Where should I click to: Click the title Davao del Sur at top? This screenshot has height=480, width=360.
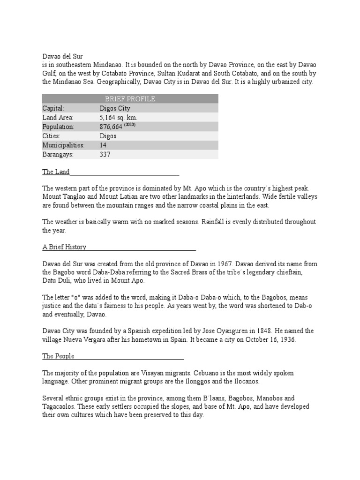click(x=62, y=56)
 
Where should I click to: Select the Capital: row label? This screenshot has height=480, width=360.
click(x=53, y=108)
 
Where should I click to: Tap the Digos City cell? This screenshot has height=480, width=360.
click(x=115, y=108)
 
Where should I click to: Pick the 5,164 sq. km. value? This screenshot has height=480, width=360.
click(x=119, y=117)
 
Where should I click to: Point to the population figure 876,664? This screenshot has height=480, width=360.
click(x=111, y=127)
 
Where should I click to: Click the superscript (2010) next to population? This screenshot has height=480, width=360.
click(x=130, y=125)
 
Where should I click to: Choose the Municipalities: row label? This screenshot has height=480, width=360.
click(x=63, y=145)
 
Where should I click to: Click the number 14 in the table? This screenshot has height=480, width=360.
click(x=103, y=145)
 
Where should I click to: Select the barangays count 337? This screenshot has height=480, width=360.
click(x=105, y=154)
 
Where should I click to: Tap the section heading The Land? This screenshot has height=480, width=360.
click(x=56, y=172)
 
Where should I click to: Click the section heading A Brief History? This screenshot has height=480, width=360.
click(x=64, y=247)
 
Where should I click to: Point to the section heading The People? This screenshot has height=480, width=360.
click(x=58, y=356)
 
